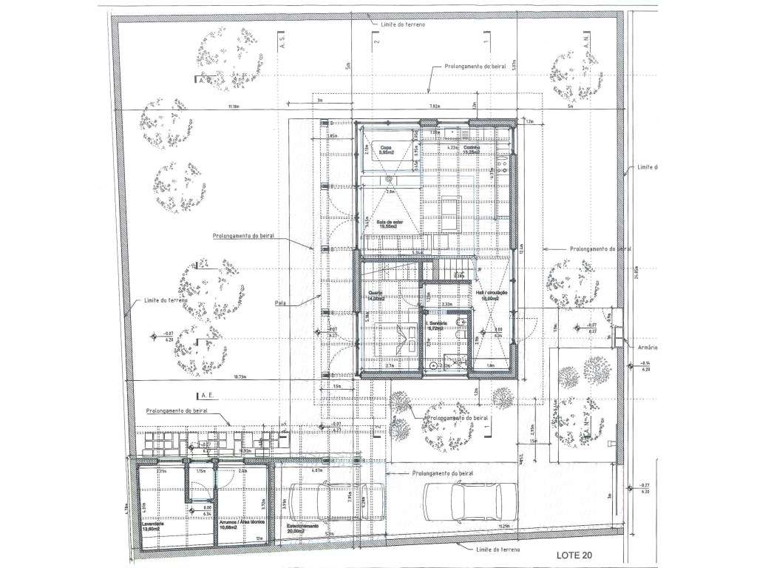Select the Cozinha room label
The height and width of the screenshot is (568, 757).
[x=472, y=149]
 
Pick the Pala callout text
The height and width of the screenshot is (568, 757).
[x=280, y=302]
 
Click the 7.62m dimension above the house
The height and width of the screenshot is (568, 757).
[x=435, y=107]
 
